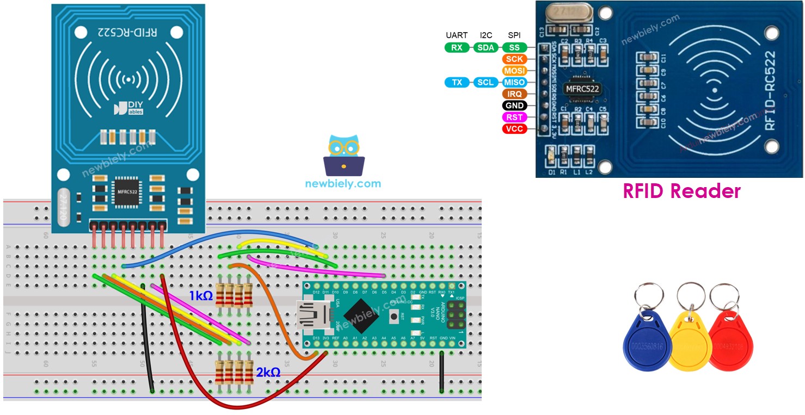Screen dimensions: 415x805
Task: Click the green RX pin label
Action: (457, 47)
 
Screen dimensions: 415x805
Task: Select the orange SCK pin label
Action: (514, 59)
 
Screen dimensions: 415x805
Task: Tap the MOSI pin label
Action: (514, 71)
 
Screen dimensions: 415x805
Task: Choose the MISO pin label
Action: (514, 82)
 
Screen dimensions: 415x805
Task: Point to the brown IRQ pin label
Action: (514, 94)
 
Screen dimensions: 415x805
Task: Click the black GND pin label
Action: (514, 106)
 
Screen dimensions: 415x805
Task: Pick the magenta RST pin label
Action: (514, 117)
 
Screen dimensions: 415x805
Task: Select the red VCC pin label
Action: (514, 129)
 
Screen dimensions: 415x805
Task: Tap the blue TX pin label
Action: (457, 82)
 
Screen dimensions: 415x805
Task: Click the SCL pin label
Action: (485, 82)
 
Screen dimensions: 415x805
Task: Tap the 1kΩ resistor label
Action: (201, 296)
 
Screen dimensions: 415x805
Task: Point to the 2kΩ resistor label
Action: (268, 372)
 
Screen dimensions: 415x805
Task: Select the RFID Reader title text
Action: (681, 191)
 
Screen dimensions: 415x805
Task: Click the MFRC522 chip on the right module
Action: (583, 88)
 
